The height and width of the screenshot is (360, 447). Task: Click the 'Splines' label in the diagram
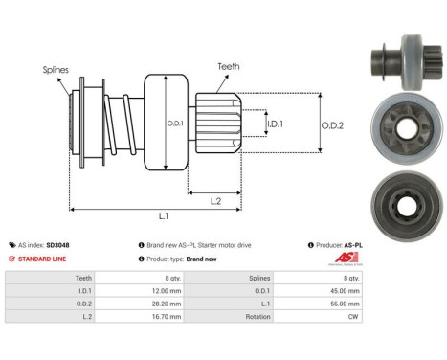tap(55, 70)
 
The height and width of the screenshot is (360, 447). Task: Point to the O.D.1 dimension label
tap(175, 122)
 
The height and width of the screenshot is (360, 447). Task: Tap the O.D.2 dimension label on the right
tap(332, 123)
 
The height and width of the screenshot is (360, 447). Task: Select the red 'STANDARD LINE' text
tap(43, 259)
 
